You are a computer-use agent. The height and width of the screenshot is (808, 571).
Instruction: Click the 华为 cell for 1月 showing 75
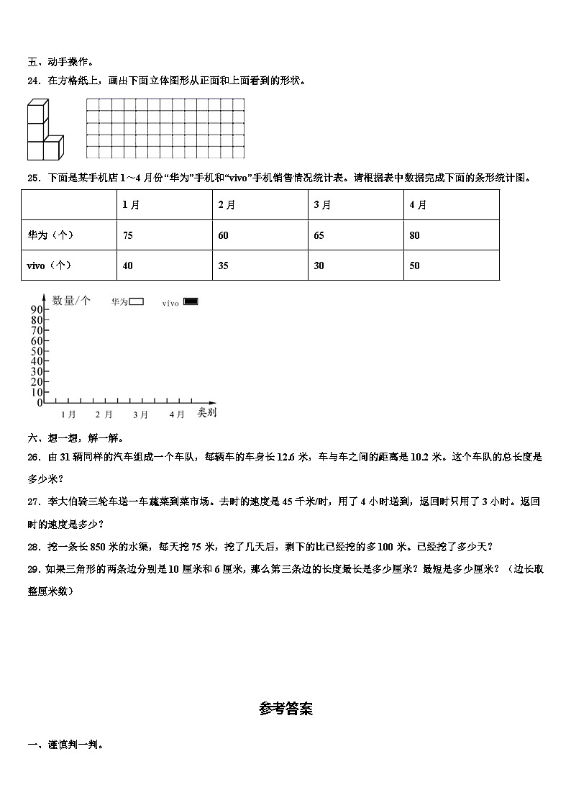[x=128, y=235]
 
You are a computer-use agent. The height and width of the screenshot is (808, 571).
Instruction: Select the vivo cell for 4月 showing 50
[x=414, y=265]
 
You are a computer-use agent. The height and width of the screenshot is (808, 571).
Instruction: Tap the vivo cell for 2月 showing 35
[x=224, y=265]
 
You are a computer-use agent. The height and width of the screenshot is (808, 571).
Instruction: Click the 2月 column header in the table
[x=227, y=205]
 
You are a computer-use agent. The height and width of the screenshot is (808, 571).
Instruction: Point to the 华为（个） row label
[x=50, y=235]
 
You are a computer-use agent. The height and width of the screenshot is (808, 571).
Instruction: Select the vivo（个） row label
[x=49, y=265]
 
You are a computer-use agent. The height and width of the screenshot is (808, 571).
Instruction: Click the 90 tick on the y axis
[x=37, y=309]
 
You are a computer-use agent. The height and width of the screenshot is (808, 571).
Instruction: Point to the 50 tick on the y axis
[x=37, y=350]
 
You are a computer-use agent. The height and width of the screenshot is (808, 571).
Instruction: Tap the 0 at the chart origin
[x=40, y=403]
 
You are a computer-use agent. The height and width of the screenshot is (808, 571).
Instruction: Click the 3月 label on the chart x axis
[x=140, y=414]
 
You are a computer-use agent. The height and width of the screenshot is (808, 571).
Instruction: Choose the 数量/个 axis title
[x=71, y=301]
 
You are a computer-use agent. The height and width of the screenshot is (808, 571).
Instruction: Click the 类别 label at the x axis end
[x=207, y=413]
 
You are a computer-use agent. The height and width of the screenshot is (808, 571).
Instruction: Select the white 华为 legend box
[x=137, y=302]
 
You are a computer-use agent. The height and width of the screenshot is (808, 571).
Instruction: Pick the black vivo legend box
[x=191, y=302]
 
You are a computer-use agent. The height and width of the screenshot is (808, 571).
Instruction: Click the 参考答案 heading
[x=285, y=709]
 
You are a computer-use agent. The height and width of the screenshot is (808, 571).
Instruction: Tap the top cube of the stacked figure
[x=37, y=112]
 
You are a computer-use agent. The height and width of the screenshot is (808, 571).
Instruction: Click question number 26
[x=33, y=456]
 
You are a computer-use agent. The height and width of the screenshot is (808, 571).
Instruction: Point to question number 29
[x=33, y=568]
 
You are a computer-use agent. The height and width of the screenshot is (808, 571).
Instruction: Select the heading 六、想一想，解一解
[x=75, y=437]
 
